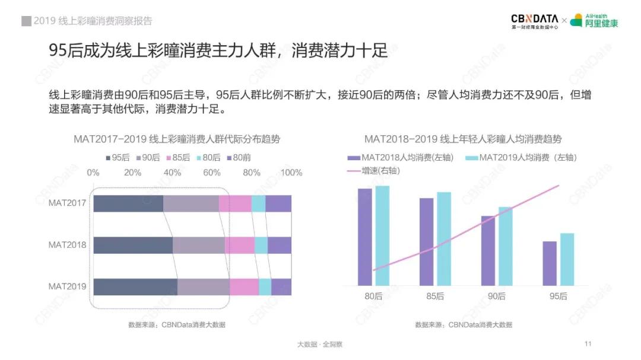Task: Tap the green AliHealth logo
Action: pos(594,21)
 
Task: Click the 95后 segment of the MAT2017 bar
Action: pos(128,203)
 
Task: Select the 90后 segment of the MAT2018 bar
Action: pos(198,245)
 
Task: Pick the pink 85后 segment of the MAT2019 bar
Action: pos(244,286)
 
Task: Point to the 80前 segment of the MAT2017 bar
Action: pos(278,203)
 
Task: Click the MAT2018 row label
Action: pos(67,245)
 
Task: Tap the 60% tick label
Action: pos(212,173)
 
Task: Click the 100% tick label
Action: pos(291,173)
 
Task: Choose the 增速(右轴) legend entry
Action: pos(373,170)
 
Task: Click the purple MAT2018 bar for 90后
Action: pos(488,250)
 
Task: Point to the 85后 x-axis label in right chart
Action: pos(436,296)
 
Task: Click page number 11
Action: pos(588,344)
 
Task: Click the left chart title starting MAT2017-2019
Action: pos(177,139)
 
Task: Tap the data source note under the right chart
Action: pos(464,324)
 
